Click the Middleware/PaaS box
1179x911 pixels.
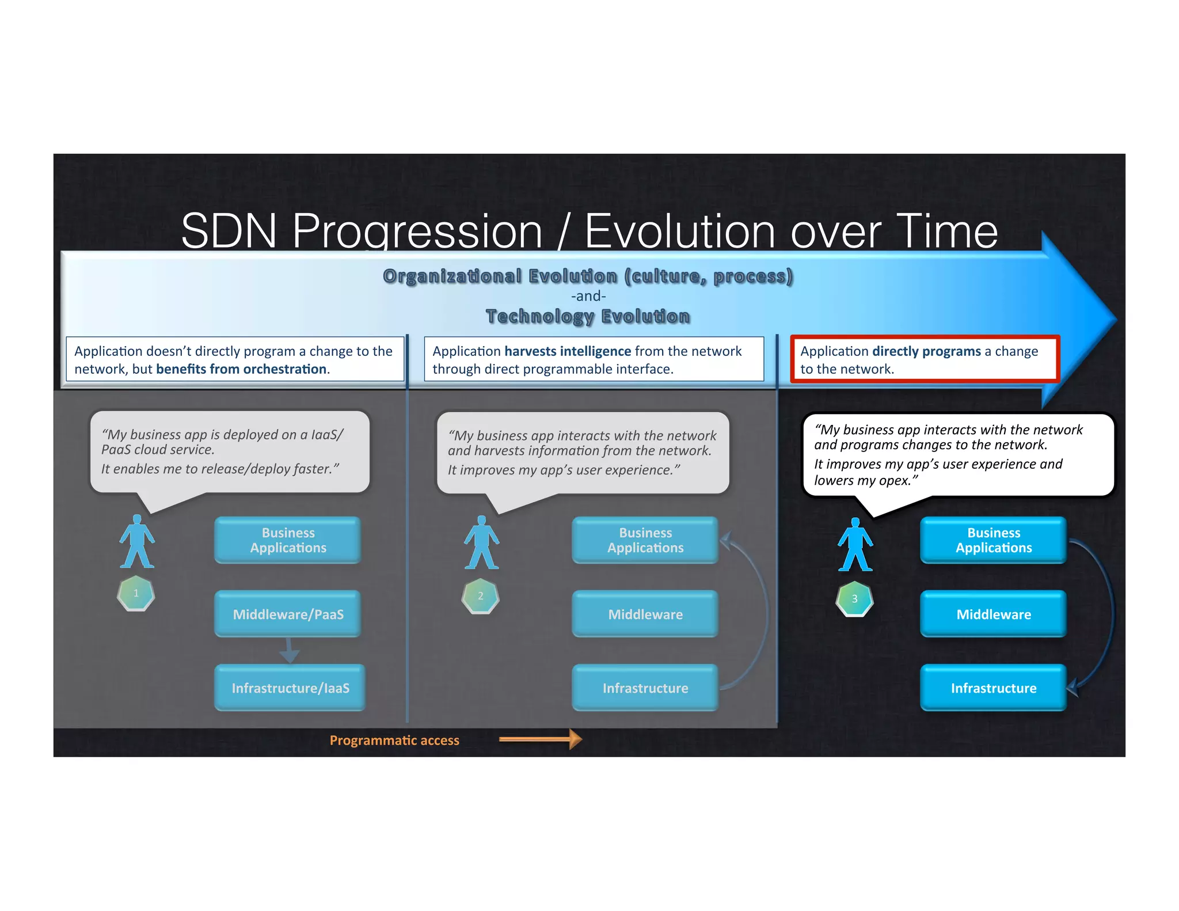[x=288, y=614]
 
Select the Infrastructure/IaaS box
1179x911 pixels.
[x=290, y=688]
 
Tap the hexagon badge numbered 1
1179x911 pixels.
[x=136, y=593]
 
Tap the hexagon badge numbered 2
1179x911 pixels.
[x=480, y=596]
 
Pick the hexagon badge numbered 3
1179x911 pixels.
[x=854, y=599]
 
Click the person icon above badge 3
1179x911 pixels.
[x=855, y=545]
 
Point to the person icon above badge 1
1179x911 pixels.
[x=136, y=541]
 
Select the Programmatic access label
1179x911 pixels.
[x=394, y=740]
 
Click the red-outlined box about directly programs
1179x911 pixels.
[x=925, y=359]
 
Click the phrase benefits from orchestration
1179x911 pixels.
[x=241, y=369]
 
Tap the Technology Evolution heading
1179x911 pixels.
[x=588, y=316]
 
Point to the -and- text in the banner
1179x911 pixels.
[x=588, y=296]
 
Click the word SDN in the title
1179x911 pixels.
[x=229, y=231]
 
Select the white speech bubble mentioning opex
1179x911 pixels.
[x=958, y=455]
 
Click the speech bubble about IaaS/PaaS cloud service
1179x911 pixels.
[x=229, y=452]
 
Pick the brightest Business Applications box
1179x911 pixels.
[x=994, y=540]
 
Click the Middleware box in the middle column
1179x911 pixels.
[x=645, y=614]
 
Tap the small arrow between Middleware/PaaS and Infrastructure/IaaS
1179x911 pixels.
[x=289, y=651]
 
